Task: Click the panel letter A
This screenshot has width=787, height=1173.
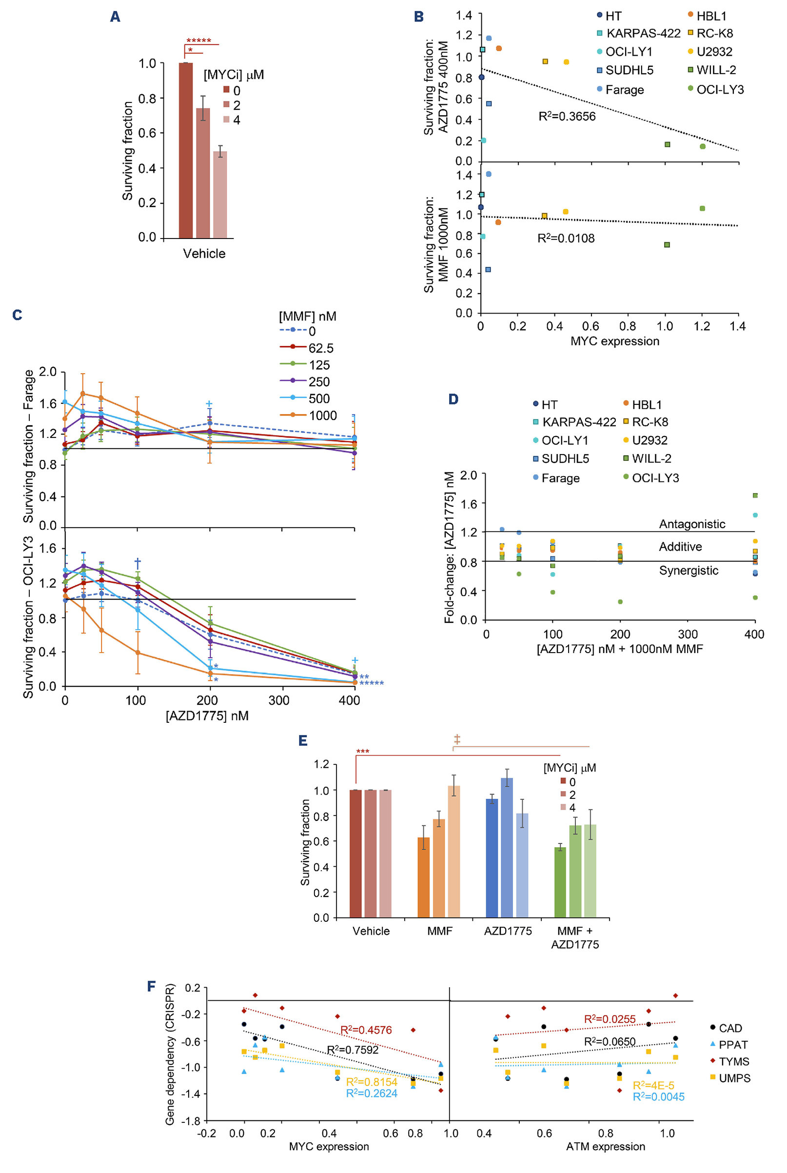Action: coord(115,17)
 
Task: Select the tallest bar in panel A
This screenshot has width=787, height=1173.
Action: coord(186,150)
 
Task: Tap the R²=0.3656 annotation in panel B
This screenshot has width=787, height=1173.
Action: coord(567,117)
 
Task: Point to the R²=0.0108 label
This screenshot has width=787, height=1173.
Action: coord(566,239)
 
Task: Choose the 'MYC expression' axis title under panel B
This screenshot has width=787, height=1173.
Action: coord(614,341)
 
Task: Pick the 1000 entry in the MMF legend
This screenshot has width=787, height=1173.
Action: coord(322,416)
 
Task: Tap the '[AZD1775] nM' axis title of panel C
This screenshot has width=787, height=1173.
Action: coord(207,716)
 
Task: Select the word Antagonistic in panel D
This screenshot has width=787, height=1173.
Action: coord(691,524)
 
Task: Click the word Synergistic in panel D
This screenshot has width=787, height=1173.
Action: coord(688,571)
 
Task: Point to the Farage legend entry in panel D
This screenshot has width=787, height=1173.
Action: coord(560,478)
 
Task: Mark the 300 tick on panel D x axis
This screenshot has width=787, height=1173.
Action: coord(687,635)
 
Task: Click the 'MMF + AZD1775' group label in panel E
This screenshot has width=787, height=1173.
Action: coord(575,937)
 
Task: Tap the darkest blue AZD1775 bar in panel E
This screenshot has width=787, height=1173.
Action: coord(492,858)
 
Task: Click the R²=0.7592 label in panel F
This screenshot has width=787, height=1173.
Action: coord(353,1050)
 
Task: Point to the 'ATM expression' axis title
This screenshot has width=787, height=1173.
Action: coord(605,1146)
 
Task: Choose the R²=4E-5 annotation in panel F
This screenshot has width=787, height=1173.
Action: coord(653,1086)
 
